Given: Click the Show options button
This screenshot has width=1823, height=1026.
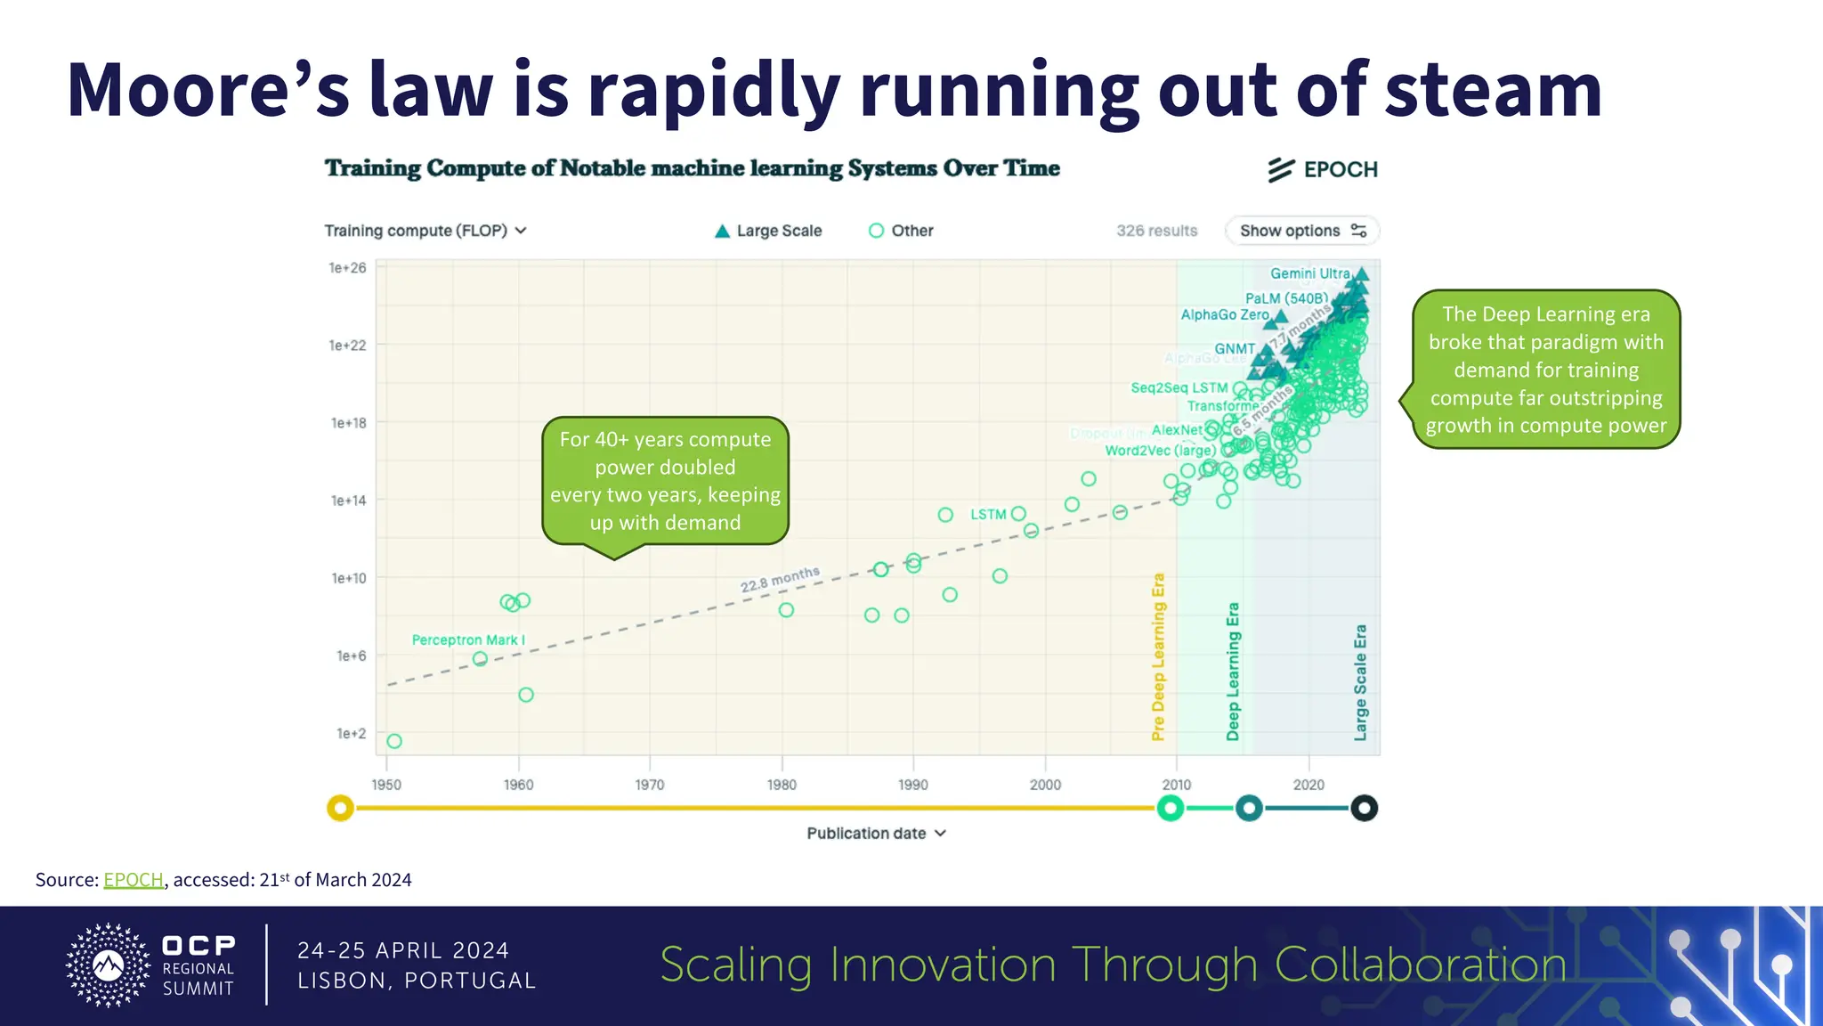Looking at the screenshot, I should point(1301,231).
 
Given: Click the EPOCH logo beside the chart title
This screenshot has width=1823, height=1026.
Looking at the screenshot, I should point(1323,169).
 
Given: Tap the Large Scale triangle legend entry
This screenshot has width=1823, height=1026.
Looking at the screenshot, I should point(768,231).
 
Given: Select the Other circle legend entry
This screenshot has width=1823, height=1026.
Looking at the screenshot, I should point(901,231).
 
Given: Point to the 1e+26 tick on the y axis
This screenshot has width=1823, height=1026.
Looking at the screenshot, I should point(347,268).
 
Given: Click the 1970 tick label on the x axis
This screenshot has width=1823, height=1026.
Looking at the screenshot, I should point(649,785).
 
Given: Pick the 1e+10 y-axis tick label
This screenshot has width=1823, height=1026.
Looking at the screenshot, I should point(348,578).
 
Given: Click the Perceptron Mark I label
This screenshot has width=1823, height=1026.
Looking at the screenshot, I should point(468,639).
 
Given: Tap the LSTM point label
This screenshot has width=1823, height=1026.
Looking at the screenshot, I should point(988,515).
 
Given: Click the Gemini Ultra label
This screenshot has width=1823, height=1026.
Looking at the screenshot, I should point(1309,273).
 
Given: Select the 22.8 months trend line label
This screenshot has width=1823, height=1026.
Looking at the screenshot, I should point(780,579).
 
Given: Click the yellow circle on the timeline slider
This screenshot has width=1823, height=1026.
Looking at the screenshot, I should point(340,808).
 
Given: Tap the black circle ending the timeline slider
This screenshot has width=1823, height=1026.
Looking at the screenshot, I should point(1364,808).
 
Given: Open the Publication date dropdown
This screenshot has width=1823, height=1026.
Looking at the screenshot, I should point(876,834).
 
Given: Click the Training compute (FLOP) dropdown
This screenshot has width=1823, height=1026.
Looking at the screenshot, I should point(425,231).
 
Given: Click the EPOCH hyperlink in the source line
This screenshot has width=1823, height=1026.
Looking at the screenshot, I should point(134,880).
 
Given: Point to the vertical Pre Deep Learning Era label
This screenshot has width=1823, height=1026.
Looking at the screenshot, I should point(1158,656).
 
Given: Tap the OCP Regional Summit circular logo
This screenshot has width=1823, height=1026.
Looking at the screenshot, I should point(109,965).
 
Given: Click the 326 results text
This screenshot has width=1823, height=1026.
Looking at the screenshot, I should point(1156,231).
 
